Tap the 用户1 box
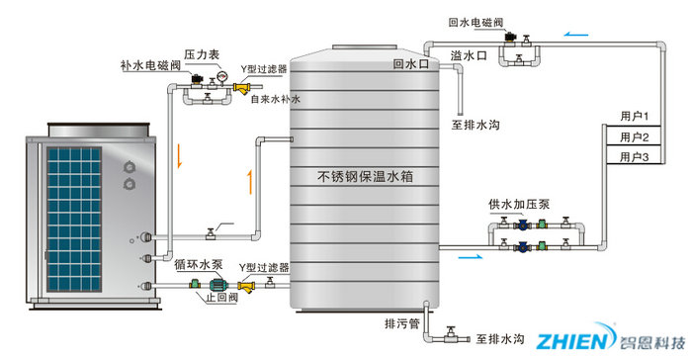(633, 118)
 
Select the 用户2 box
(633, 137)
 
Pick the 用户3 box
(633, 156)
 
